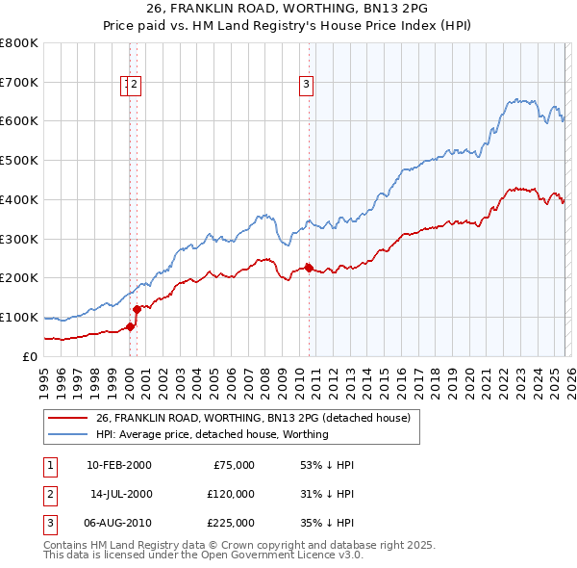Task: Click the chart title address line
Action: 288,11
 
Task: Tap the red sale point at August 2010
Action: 309,268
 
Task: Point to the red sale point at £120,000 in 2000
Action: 138,309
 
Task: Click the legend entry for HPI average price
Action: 212,434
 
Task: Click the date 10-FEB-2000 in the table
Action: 119,465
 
